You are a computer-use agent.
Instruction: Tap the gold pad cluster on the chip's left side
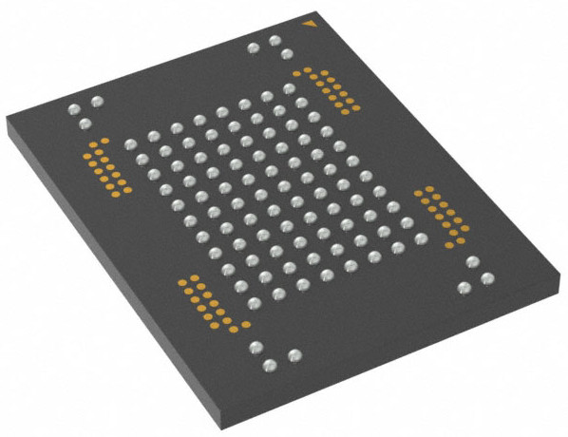point(107,167)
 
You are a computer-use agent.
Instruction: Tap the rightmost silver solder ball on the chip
point(487,277)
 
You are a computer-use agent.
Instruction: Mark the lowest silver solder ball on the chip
point(270,364)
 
